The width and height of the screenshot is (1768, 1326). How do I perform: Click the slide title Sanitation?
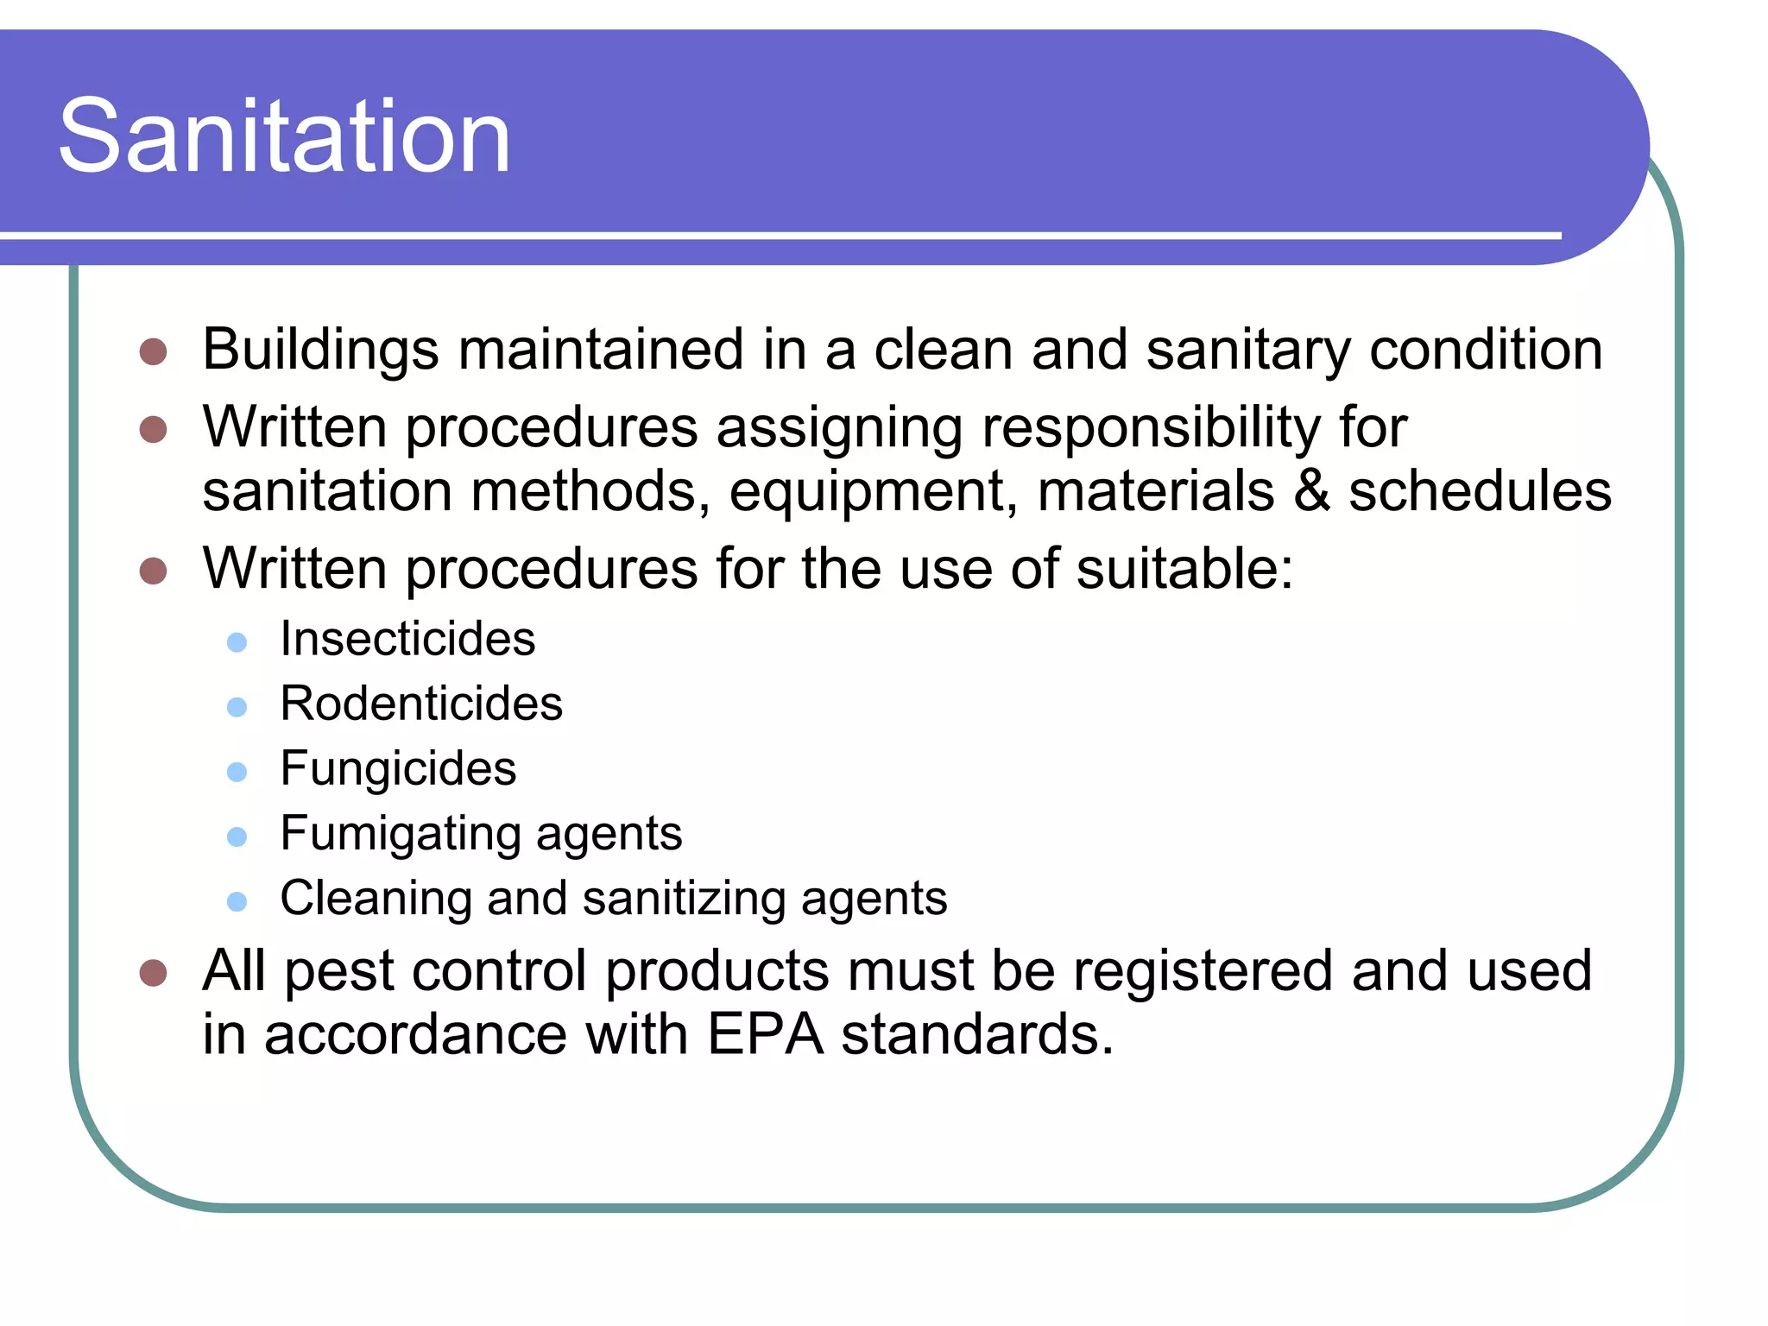point(284,136)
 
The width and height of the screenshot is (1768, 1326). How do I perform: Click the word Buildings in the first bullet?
point(320,350)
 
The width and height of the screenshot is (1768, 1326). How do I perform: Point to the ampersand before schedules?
point(1311,491)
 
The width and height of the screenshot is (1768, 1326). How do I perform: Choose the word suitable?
point(1184,570)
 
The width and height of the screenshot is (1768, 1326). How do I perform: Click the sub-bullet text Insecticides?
point(407,640)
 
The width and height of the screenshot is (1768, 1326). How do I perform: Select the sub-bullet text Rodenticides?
point(421,704)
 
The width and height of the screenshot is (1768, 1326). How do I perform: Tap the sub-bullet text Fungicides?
point(398,768)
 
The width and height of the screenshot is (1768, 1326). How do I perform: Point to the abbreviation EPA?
point(766,1035)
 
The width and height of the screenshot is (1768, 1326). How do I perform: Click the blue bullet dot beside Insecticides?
point(237,642)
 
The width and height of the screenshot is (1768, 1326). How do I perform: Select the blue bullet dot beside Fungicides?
point(237,771)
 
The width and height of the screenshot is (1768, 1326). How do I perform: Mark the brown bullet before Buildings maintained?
point(153,351)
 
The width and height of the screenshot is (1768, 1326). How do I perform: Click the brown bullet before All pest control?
point(153,973)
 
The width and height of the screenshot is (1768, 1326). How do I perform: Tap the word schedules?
point(1480,491)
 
